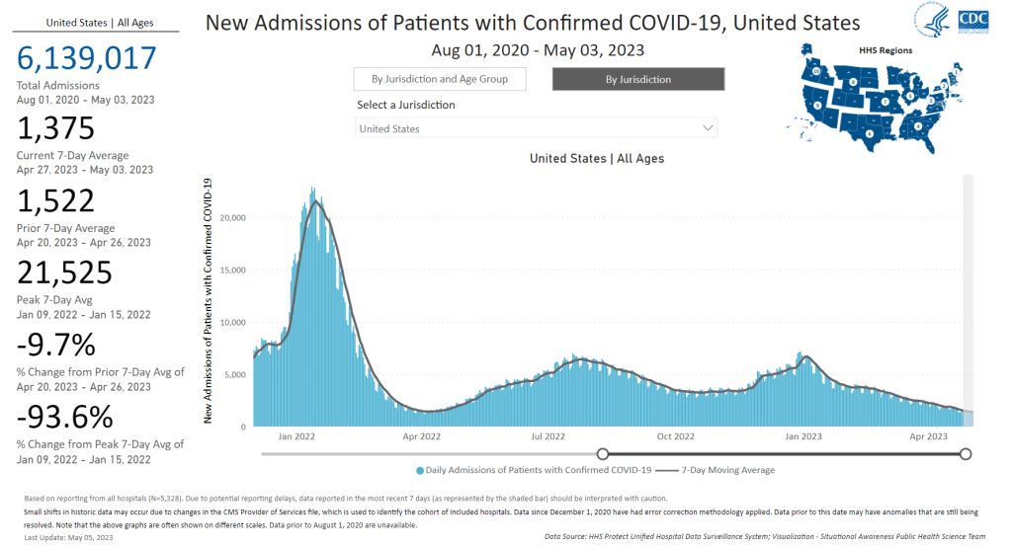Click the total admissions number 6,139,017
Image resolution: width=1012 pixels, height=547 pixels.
87,58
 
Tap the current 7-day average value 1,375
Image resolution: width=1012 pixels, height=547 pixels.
55,129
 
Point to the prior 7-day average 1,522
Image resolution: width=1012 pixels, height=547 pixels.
55,201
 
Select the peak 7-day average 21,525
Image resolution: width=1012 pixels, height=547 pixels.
64,273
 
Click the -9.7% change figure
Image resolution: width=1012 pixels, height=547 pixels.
55,346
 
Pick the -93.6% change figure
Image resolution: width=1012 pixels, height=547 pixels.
64,418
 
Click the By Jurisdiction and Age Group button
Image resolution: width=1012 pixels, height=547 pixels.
440,79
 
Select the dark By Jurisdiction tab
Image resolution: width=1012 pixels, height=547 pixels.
638,79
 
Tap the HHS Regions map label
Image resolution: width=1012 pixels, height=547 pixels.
885,50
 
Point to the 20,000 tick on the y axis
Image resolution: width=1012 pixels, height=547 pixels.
231,218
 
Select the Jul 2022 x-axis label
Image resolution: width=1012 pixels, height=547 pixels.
548,436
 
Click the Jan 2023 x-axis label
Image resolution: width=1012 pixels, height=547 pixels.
802,436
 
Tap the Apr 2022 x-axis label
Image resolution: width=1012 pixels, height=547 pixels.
422,436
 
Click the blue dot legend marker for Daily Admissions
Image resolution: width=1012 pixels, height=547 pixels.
420,470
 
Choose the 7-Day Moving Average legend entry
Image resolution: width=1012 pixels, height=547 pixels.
716,470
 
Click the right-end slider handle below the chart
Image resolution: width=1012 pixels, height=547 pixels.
966,454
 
